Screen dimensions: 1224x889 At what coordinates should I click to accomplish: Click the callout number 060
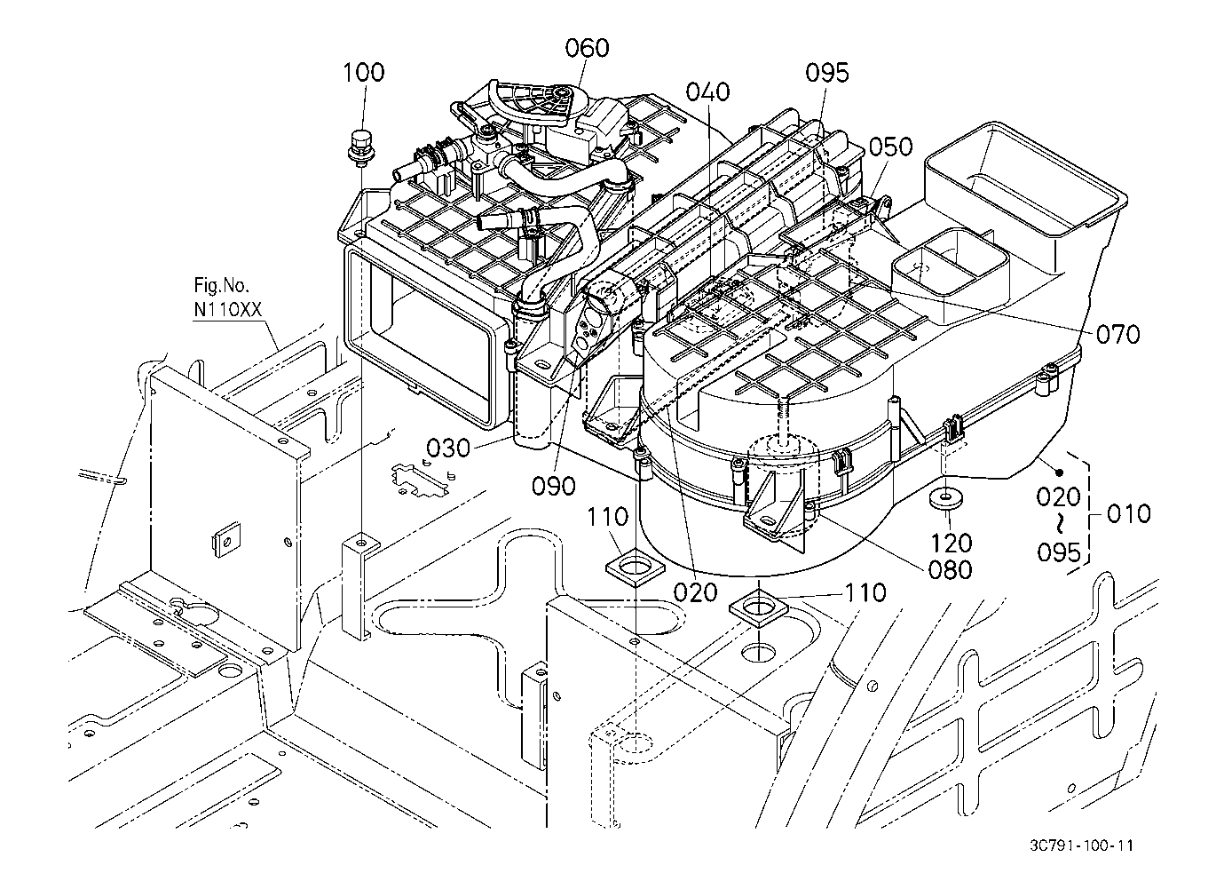587,48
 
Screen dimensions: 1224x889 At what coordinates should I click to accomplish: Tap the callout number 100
363,72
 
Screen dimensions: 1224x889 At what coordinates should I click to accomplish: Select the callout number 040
707,91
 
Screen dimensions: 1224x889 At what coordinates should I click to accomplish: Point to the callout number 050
890,147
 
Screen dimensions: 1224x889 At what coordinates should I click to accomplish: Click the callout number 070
1118,334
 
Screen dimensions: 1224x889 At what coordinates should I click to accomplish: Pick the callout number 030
448,448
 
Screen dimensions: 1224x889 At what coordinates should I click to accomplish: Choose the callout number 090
554,486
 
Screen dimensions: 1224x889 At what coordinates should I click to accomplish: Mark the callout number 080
951,569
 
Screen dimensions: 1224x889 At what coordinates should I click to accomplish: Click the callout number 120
952,543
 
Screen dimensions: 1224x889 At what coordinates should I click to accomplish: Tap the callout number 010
1129,513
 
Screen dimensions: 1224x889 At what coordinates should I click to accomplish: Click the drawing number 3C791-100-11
1081,845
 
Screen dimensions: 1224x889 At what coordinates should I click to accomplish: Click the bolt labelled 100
359,147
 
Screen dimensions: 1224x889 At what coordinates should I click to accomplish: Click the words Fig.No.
222,285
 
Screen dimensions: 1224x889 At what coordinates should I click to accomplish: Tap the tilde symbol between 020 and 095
1059,525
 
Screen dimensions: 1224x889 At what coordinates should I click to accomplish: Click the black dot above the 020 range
1059,472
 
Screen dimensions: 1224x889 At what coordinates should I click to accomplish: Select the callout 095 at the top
827,73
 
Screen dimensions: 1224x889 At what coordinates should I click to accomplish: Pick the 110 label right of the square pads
865,592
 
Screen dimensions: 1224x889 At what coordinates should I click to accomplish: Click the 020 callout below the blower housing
695,592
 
